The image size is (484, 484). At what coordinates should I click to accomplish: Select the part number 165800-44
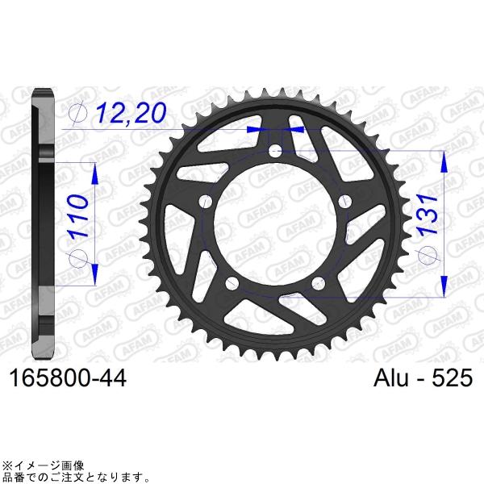[x=65, y=377]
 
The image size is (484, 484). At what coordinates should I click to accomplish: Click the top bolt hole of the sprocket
[x=276, y=151]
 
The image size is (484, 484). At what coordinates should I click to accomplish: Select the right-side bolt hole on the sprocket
[x=345, y=201]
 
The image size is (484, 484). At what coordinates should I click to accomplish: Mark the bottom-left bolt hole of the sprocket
[x=232, y=283]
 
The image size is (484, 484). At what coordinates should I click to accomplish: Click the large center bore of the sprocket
[x=275, y=226]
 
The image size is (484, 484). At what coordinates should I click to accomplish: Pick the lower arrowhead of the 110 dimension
[x=95, y=274]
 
